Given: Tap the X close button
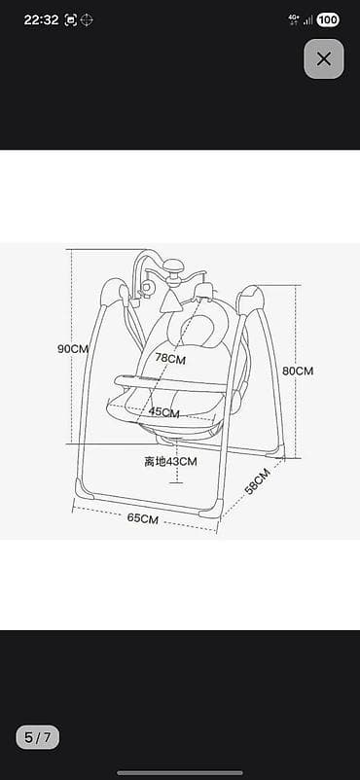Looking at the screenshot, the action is click(324, 58).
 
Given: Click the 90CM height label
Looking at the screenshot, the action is click(73, 349).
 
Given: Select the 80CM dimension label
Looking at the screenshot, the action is click(298, 371).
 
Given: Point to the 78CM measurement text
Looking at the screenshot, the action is click(170, 358).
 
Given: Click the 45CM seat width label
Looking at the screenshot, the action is click(163, 412).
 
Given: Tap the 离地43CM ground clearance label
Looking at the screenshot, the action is click(171, 462).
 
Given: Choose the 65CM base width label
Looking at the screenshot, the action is click(143, 517).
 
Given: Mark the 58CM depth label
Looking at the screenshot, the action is click(258, 480).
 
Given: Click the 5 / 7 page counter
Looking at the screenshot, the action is click(37, 737).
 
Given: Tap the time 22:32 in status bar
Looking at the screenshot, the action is click(41, 19).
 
